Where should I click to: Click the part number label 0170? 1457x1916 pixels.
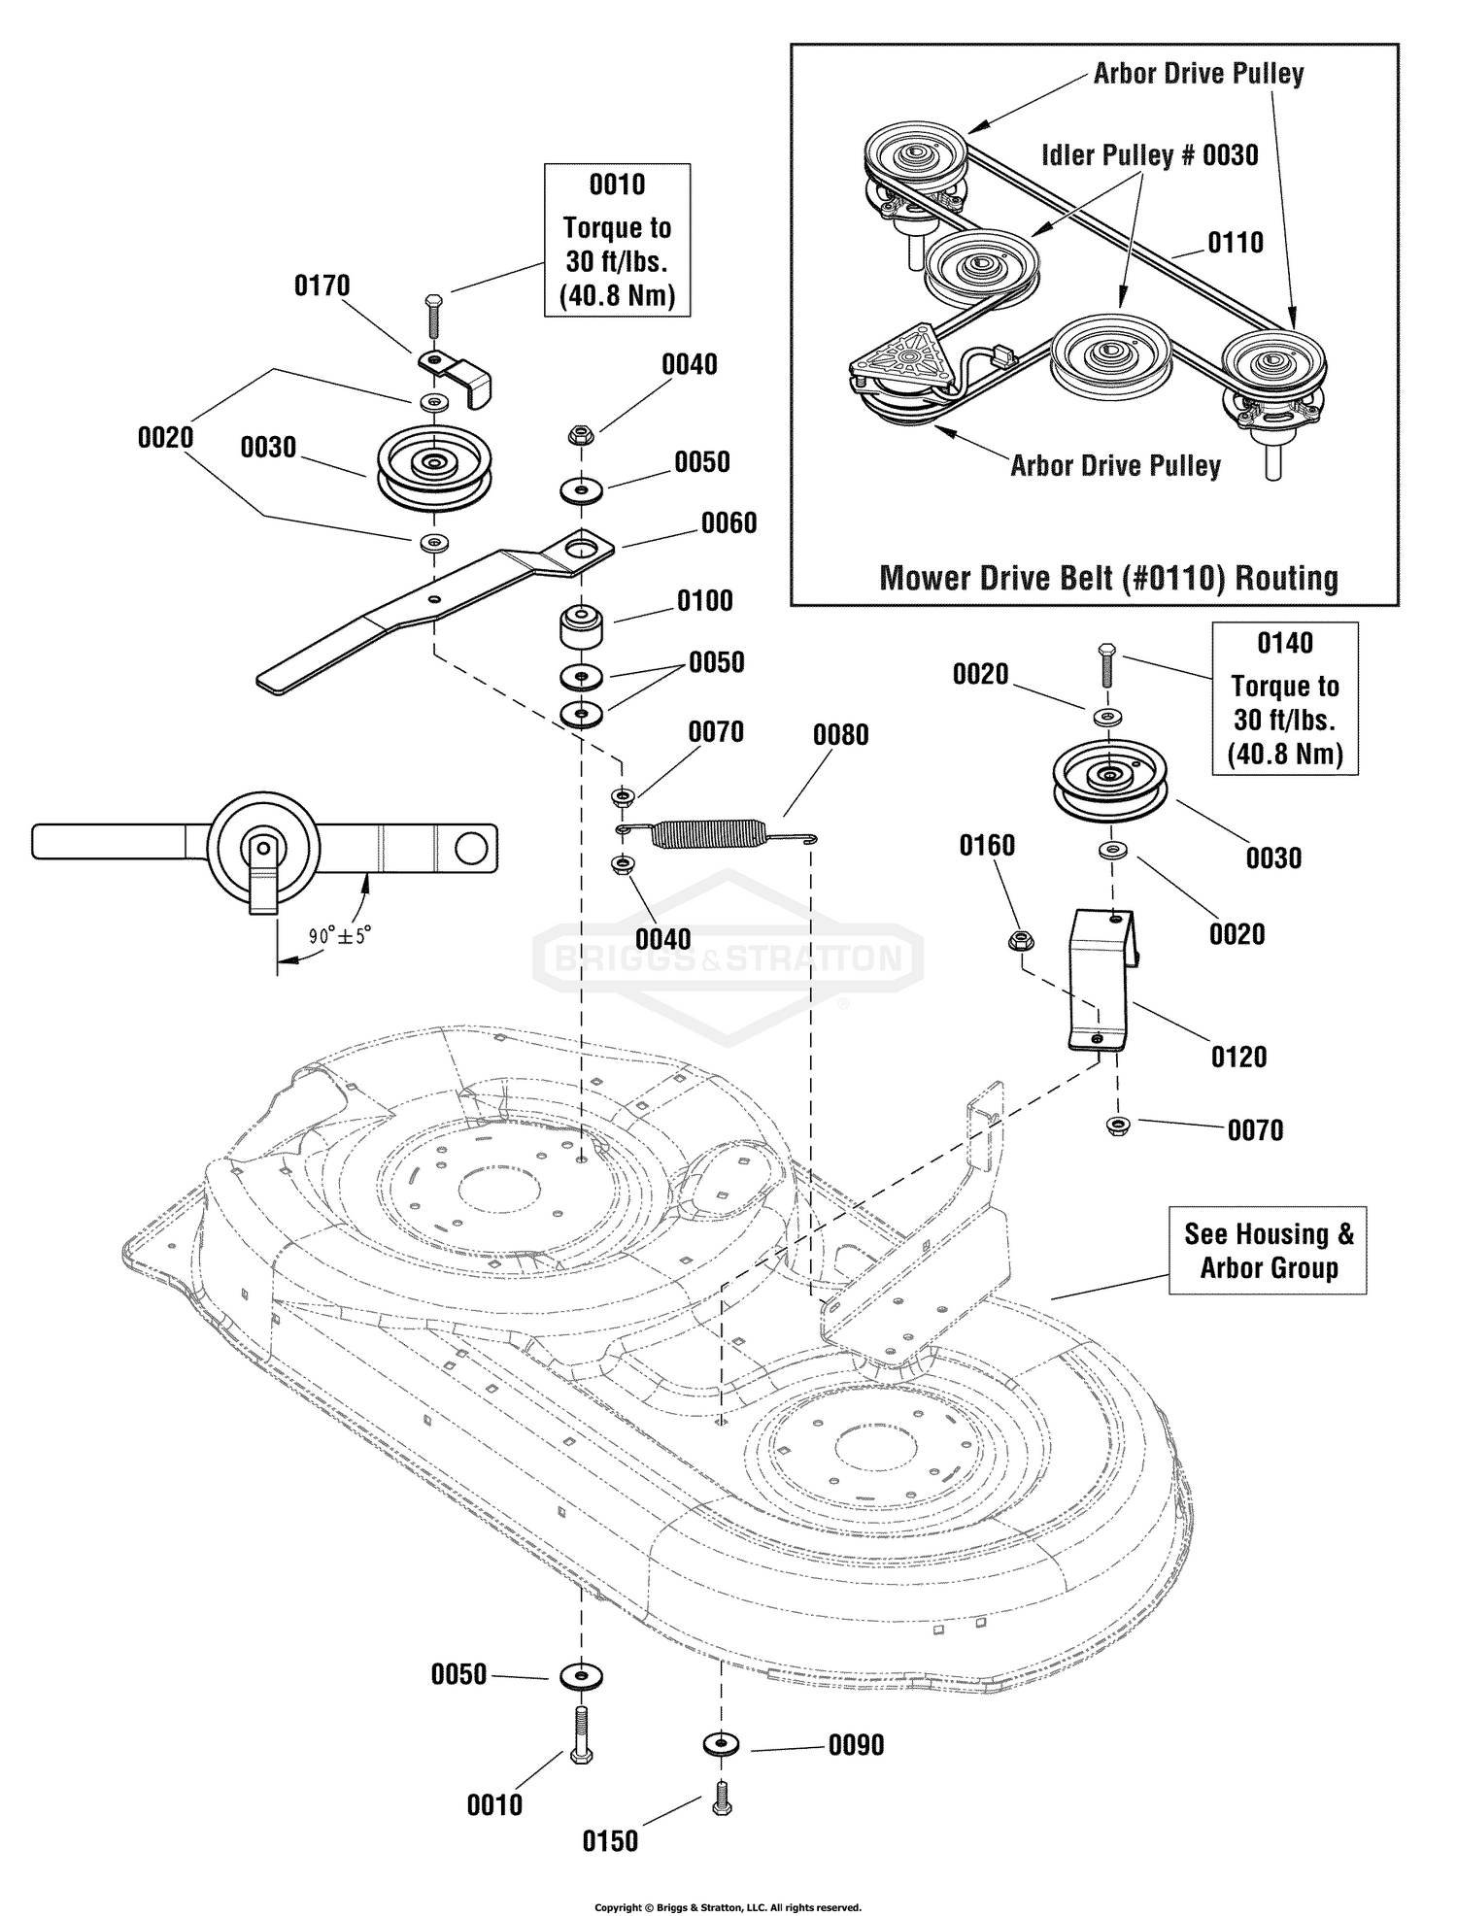pyautogui.click(x=322, y=286)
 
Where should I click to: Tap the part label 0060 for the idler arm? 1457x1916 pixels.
pyautogui.click(x=728, y=523)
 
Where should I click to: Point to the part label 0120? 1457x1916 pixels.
pyautogui.click(x=1238, y=1057)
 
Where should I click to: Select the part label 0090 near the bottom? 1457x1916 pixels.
pyautogui.click(x=856, y=1746)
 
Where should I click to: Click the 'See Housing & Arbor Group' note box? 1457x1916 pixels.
pyautogui.click(x=1268, y=1251)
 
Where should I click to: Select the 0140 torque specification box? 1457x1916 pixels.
pyautogui.click(x=1284, y=698)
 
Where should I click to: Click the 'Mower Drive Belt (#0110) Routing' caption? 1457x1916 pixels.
pyautogui.click(x=1108, y=578)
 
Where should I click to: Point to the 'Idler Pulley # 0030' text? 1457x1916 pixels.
pyautogui.click(x=1149, y=155)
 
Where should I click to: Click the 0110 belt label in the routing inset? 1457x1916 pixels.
pyautogui.click(x=1236, y=243)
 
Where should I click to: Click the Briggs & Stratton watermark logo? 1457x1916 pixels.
pyautogui.click(x=728, y=959)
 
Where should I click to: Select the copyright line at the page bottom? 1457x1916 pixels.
pyautogui.click(x=728, y=1907)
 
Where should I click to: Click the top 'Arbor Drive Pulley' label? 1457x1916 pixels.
pyautogui.click(x=1199, y=74)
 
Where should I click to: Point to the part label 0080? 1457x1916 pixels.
pyautogui.click(x=840, y=735)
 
